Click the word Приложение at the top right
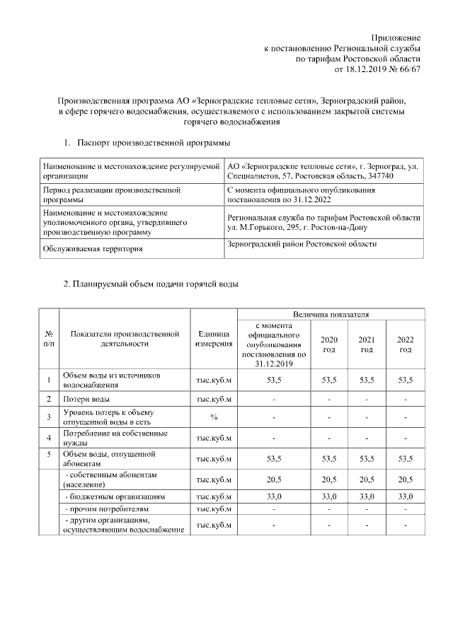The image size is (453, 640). (397, 37)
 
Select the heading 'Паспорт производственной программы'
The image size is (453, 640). (154, 144)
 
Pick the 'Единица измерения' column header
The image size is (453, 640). (214, 339)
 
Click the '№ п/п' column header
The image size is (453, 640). (49, 339)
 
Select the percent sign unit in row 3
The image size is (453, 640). (214, 417)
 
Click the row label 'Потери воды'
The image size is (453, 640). (86, 399)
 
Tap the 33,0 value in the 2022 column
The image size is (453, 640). (405, 496)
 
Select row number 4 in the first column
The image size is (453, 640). (49, 436)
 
